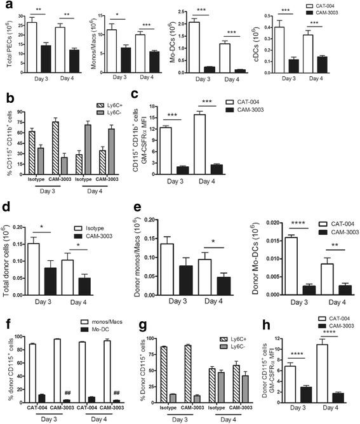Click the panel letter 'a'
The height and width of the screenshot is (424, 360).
[6, 6]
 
